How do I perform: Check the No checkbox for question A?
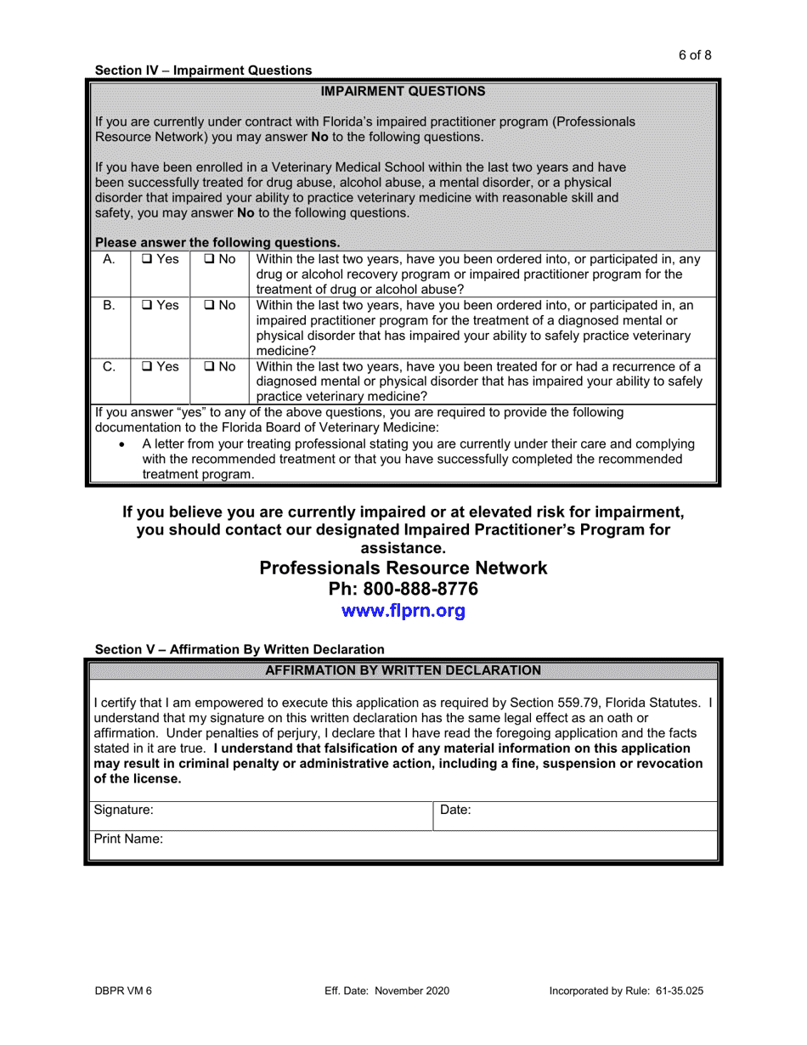point(209,259)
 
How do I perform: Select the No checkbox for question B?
point(209,305)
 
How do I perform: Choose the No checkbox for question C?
point(209,367)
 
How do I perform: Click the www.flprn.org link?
point(403,611)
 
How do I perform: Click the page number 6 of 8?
point(694,55)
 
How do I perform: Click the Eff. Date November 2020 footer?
point(387,991)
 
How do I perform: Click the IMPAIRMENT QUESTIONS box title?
point(403,91)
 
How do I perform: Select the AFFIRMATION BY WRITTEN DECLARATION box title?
point(403,670)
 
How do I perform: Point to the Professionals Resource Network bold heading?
point(403,568)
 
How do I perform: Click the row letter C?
point(109,367)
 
